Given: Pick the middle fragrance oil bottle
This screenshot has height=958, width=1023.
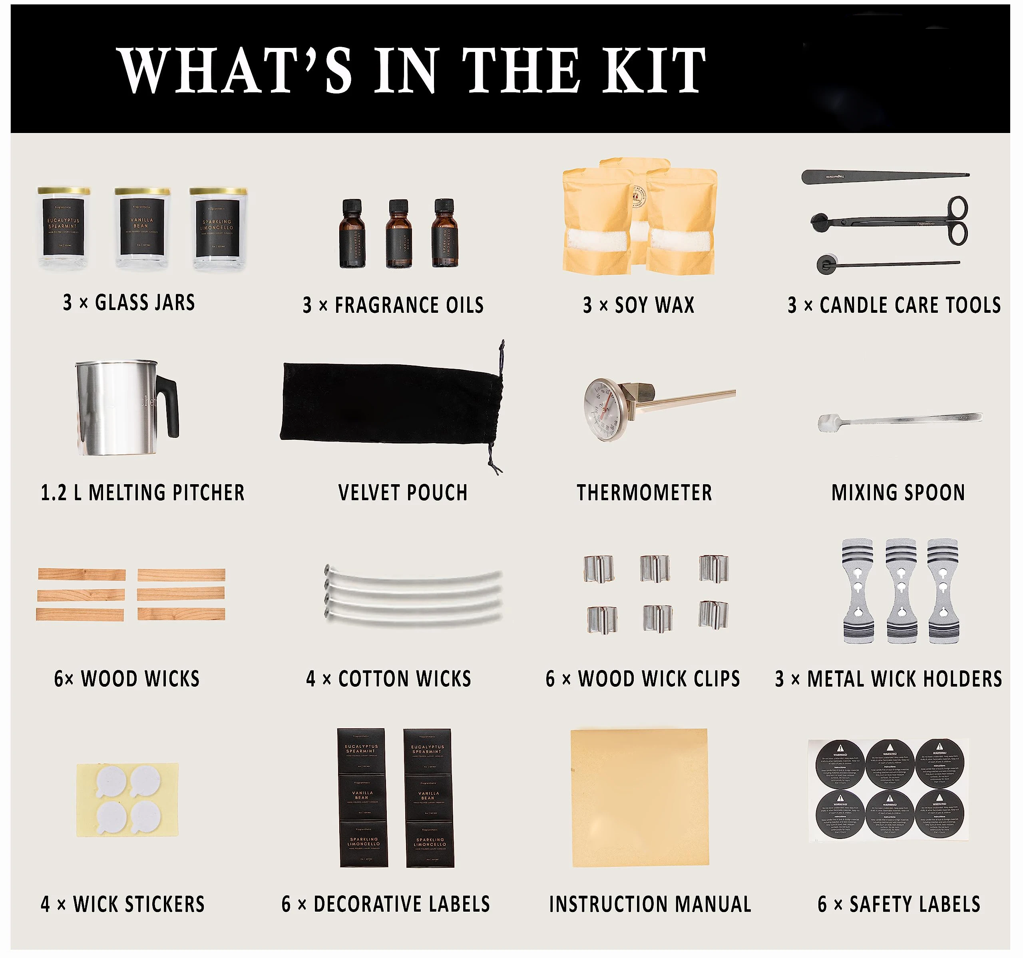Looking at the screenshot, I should (x=399, y=234).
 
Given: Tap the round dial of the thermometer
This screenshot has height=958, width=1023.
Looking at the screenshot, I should (x=605, y=409).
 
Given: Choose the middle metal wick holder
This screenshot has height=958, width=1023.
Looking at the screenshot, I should (x=901, y=590).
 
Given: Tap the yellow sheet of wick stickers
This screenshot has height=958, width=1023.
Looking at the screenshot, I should (x=127, y=800).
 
